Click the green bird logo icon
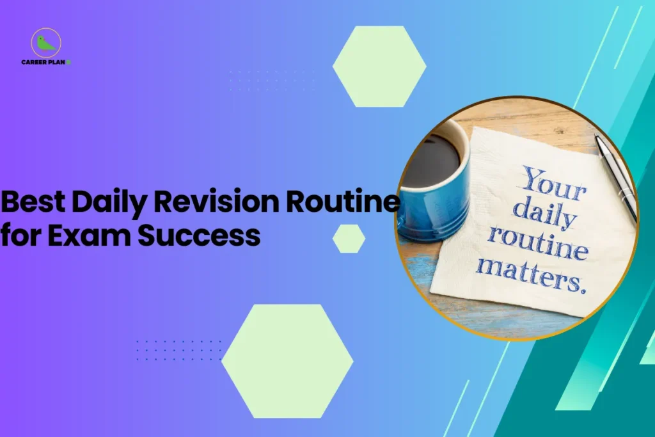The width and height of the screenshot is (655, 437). pos(45,44)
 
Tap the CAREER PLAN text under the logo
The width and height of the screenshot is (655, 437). pos(45,63)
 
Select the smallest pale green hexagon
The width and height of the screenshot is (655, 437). pos(349,238)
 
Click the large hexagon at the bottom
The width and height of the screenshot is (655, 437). pos(287,361)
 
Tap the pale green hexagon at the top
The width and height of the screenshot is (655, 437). pos(379,66)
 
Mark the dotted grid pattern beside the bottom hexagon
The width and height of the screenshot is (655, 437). pos(178,350)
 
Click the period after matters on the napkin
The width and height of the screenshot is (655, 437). pos(582,289)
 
